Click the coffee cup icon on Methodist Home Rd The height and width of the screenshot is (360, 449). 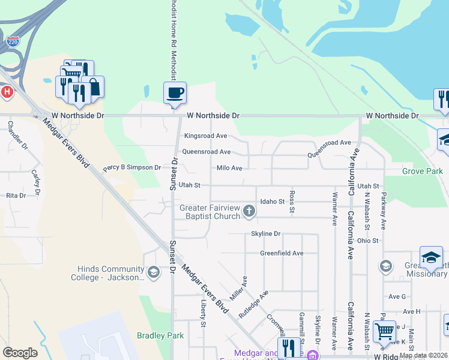coord(175,93)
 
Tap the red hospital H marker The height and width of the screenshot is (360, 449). coord(7,92)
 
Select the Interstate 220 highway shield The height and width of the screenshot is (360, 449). coord(13,41)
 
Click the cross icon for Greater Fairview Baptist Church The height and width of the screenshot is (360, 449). coord(249,211)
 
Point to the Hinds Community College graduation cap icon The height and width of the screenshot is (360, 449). coord(153,273)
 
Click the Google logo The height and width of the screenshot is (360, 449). coord(20,352)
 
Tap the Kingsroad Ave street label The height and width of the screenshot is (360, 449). coord(205,136)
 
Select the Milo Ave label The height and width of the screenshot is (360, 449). coord(229,169)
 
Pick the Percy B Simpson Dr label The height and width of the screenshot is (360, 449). coord(132,168)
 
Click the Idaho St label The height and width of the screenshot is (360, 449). coord(271,202)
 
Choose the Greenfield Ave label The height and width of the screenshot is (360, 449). coord(281,253)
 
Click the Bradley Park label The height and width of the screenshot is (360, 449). coord(160,336)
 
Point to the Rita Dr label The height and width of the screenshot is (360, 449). coord(16,196)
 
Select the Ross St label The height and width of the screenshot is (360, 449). coord(292,202)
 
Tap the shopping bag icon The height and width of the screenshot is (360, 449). coord(93,87)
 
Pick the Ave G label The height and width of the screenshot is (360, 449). coord(397,296)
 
